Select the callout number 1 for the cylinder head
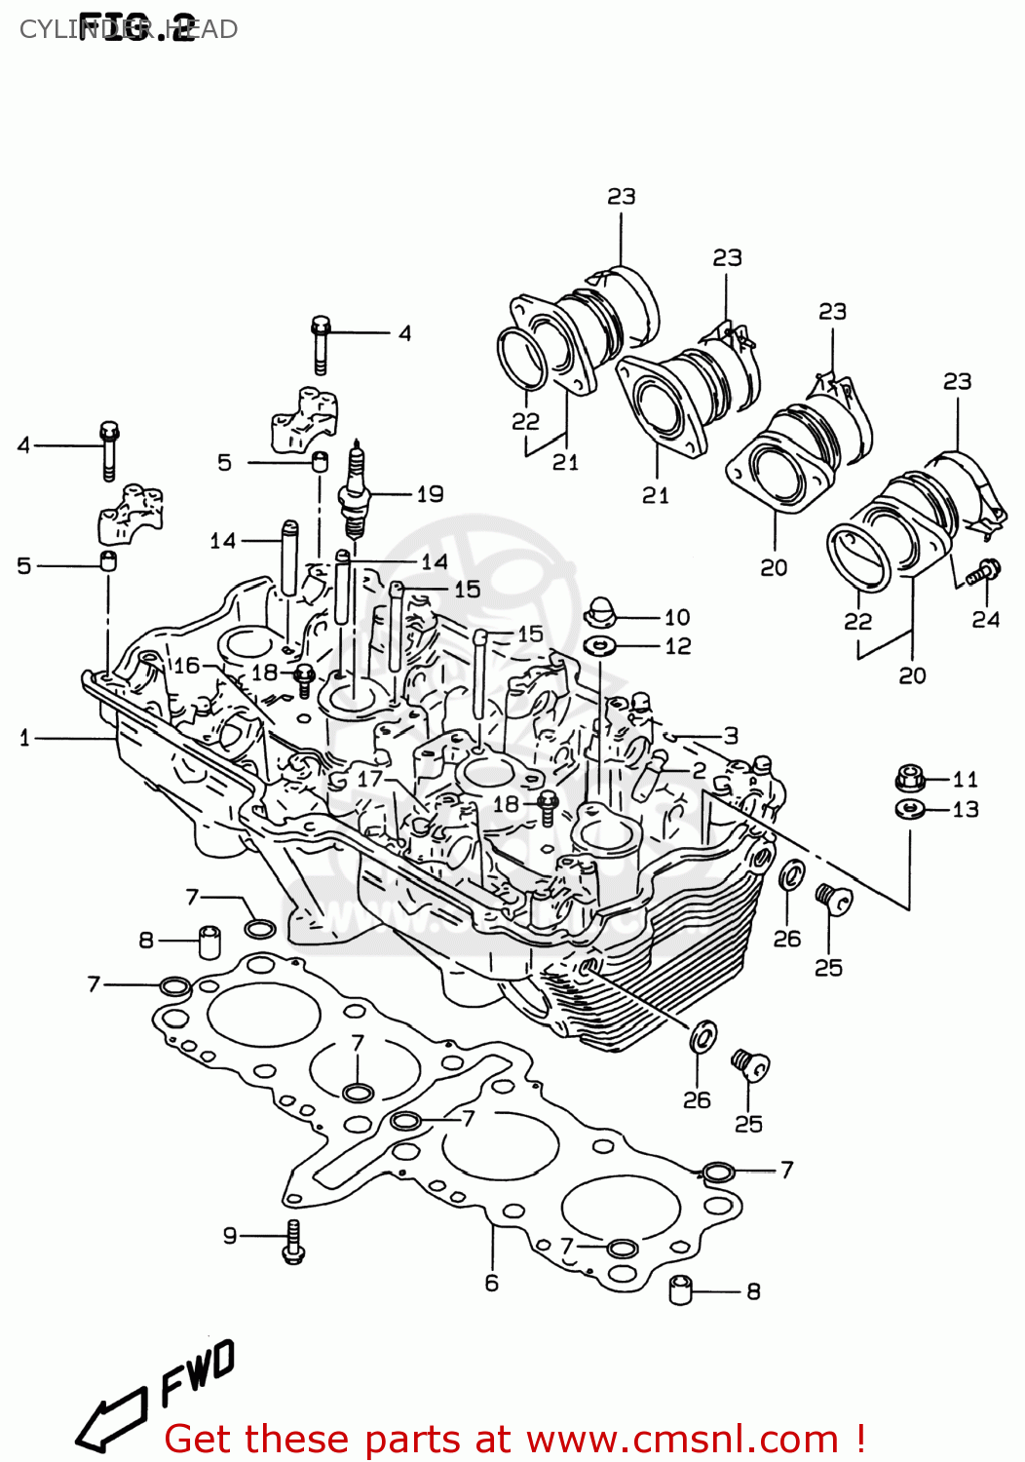point(24,739)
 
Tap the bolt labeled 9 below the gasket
point(293,1242)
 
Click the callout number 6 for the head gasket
point(492,1284)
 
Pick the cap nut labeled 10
point(601,614)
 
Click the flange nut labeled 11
point(908,778)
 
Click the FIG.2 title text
point(136,28)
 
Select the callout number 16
point(186,666)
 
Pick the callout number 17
point(370,779)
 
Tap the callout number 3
point(731,736)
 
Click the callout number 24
point(985,620)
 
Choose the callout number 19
point(430,494)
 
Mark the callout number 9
point(230,1236)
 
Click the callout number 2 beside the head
point(700,770)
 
